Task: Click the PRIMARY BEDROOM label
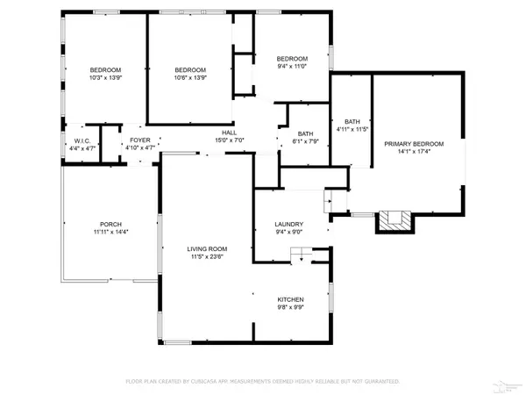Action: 413,143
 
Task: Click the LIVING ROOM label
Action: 206,248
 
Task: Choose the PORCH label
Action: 110,224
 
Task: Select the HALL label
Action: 229,132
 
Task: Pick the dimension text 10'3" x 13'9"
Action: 105,78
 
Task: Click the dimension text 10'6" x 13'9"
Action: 190,78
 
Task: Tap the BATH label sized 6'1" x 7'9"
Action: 305,133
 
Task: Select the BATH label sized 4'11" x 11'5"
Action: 352,122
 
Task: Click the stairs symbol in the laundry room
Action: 302,255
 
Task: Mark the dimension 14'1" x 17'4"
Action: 413,151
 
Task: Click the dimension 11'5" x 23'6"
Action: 206,256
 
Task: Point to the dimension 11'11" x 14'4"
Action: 110,232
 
